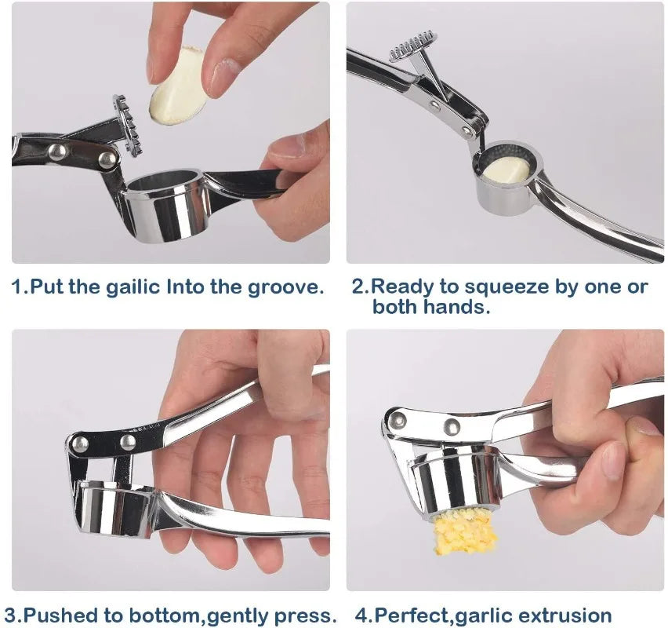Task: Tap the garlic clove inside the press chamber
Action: click(x=506, y=168)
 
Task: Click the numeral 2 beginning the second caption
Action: click(x=360, y=287)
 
